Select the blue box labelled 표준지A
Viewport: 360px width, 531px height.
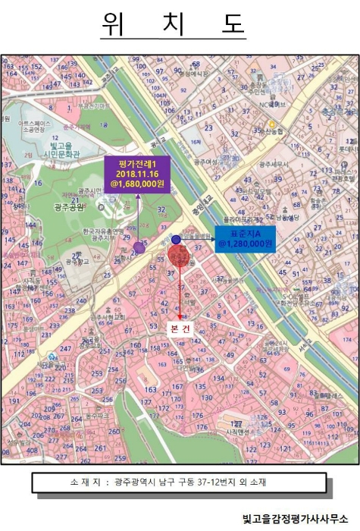pos(244,237)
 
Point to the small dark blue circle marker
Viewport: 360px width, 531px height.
pos(176,240)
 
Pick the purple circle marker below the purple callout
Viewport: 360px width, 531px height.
pos(139,247)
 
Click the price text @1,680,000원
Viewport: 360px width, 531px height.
pos(138,184)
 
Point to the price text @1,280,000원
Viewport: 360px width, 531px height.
pos(244,244)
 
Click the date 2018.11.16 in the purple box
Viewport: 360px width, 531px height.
pos(138,173)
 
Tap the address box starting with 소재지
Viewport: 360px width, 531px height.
pos(179,482)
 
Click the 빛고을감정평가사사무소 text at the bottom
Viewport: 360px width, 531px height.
pos(296,519)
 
